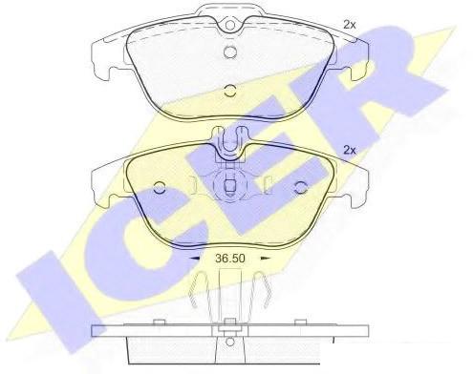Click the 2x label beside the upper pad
pos(349,25)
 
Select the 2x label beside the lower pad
pos(349,150)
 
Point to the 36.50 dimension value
pos(230,259)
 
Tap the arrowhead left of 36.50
pos(194,259)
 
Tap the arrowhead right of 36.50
pos(266,259)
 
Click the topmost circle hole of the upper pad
pos(229,25)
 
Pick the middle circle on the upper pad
pos(229,52)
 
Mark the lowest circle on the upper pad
pos(229,91)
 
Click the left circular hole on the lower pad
pos(159,188)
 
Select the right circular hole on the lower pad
pos(300,188)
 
